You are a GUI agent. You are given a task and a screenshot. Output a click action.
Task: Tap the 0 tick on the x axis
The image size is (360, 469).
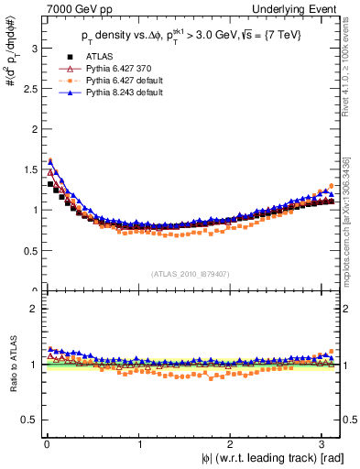point(46,444)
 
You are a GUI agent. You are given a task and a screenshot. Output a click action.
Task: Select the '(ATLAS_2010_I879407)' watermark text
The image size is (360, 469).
point(191,272)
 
